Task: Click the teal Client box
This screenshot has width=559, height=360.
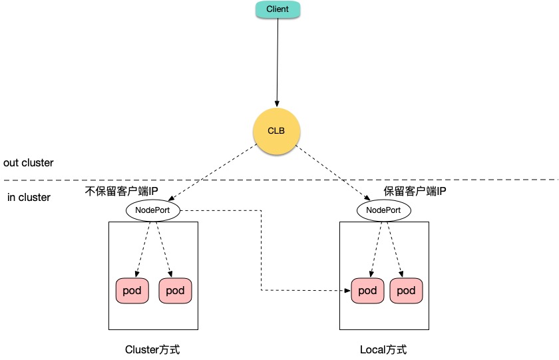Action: pyautogui.click(x=278, y=10)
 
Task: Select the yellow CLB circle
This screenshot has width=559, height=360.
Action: pyautogui.click(x=276, y=130)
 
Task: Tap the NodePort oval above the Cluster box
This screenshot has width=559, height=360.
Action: pyautogui.click(x=152, y=210)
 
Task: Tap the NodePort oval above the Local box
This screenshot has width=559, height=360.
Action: pyautogui.click(x=384, y=210)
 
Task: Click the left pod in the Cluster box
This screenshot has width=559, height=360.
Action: pyautogui.click(x=132, y=291)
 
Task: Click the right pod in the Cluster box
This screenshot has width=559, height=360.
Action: pyautogui.click(x=175, y=291)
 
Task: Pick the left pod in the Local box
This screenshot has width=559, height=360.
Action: pyautogui.click(x=367, y=291)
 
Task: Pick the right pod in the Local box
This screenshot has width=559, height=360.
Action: pyautogui.click(x=406, y=291)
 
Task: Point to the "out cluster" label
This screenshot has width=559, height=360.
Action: pyautogui.click(x=29, y=163)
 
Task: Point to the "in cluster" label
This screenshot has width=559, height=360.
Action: pyautogui.click(x=29, y=198)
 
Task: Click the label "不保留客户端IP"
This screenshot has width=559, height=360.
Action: pyautogui.click(x=122, y=192)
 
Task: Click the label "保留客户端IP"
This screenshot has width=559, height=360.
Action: pyautogui.click(x=415, y=192)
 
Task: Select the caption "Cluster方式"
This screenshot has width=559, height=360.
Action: pyautogui.click(x=152, y=349)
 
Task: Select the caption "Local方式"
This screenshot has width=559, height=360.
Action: pyautogui.click(x=383, y=349)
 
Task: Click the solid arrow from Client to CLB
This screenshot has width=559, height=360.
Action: pyautogui.click(x=277, y=60)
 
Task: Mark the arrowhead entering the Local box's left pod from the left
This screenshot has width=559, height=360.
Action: pyautogui.click(x=347, y=291)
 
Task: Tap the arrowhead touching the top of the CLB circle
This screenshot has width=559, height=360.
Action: pyautogui.click(x=276, y=100)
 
